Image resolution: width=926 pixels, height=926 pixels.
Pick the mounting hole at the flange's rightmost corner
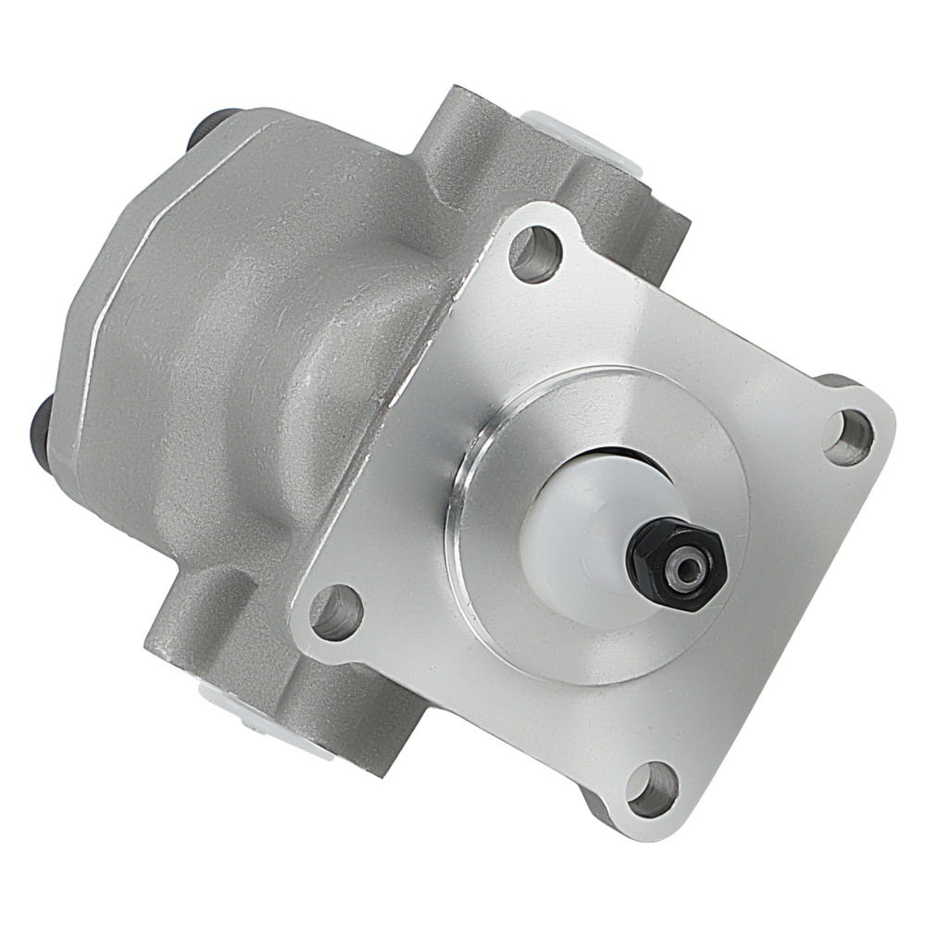click(x=847, y=436)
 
